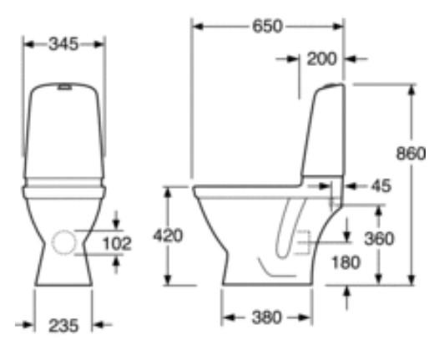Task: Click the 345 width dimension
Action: click(x=63, y=44)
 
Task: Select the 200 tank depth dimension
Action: click(x=321, y=59)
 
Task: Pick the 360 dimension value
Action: click(x=380, y=238)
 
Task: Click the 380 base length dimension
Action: click(x=266, y=317)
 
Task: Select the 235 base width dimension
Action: click(x=63, y=326)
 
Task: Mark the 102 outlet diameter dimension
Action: click(x=116, y=243)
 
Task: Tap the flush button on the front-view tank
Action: click(x=63, y=85)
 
